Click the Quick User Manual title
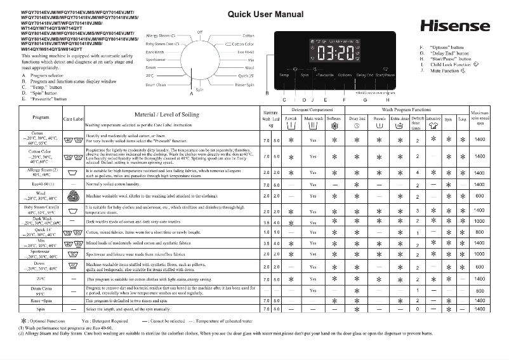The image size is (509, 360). [x=265, y=14]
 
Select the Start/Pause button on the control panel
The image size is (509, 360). [x=384, y=75]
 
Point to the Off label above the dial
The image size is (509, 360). [x=200, y=31]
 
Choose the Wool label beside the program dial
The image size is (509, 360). [x=249, y=67]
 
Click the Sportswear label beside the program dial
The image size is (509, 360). [x=155, y=59]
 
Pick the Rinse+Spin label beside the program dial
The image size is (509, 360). [x=244, y=84]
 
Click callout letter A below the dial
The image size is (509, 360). [x=191, y=93]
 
